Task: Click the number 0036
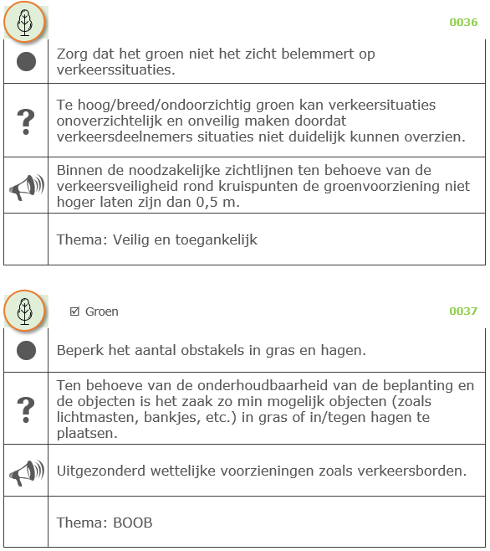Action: (x=463, y=23)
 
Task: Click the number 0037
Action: (x=463, y=312)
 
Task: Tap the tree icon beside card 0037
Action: (x=24, y=311)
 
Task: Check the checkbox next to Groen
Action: (x=75, y=312)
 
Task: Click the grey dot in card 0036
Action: (x=26, y=62)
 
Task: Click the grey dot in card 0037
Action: (x=26, y=349)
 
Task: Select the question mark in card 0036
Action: (x=26, y=121)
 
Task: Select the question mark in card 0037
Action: (x=26, y=409)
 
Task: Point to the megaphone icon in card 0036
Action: (x=26, y=186)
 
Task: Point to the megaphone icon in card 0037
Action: (x=26, y=472)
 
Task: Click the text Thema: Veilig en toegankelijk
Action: (x=156, y=240)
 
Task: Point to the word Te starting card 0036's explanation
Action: (x=65, y=106)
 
